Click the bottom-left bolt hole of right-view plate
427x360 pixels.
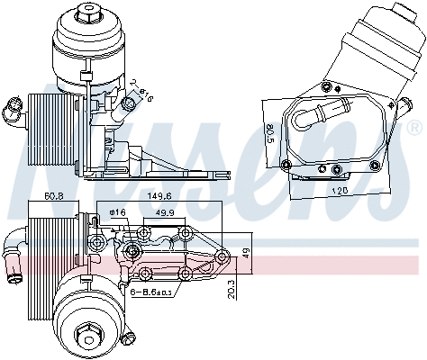click(x=286, y=164)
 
